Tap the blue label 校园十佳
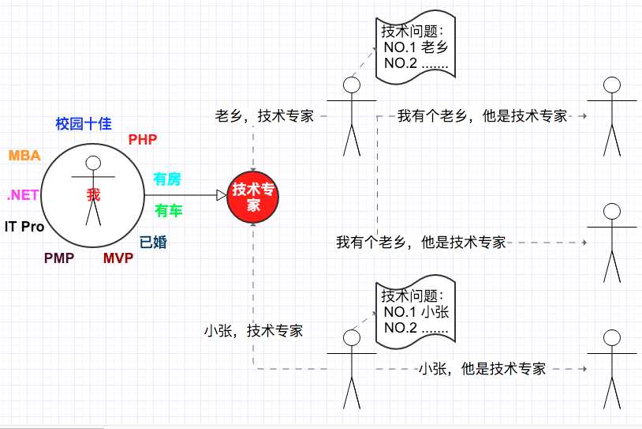[84, 123]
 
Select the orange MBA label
[24, 155]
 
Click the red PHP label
[143, 140]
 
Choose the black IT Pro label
[24, 227]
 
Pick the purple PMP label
[59, 258]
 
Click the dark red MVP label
[118, 258]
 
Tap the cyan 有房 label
[166, 180]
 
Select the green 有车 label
[168, 210]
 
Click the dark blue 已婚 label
[153, 243]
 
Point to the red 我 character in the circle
[94, 195]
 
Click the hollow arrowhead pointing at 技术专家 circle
[222, 195]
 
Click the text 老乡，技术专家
[264, 115]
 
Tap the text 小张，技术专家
[254, 331]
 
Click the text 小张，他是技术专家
[483, 368]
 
